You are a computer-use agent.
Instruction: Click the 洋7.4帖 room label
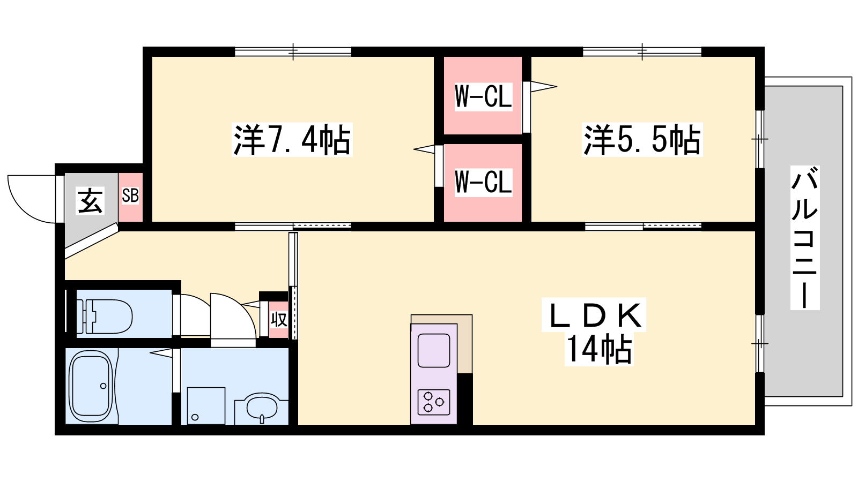coord(292,140)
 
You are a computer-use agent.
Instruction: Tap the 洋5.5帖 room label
coord(642,140)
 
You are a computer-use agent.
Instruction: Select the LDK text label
coord(594,315)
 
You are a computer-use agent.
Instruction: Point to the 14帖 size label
coord(598,349)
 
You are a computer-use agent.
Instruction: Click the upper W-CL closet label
coord(483,97)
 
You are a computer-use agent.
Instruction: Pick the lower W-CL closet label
coord(483,183)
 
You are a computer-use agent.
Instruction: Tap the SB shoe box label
coord(130,195)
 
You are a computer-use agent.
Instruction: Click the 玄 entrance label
coord(90,201)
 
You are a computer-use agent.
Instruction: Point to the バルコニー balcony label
coord(805,238)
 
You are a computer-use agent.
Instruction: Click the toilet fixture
coord(104,317)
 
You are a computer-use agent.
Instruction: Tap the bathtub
coord(92,386)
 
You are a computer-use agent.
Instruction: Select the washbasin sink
coord(262,408)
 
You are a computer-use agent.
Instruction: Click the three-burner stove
coord(434,402)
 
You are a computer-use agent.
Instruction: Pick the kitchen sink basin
coord(434,350)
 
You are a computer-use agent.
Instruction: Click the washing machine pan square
coord(206,405)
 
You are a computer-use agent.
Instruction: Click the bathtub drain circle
coord(103,386)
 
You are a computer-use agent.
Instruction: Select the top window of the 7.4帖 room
coord(293,51)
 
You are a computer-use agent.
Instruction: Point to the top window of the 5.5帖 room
coord(642,51)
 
